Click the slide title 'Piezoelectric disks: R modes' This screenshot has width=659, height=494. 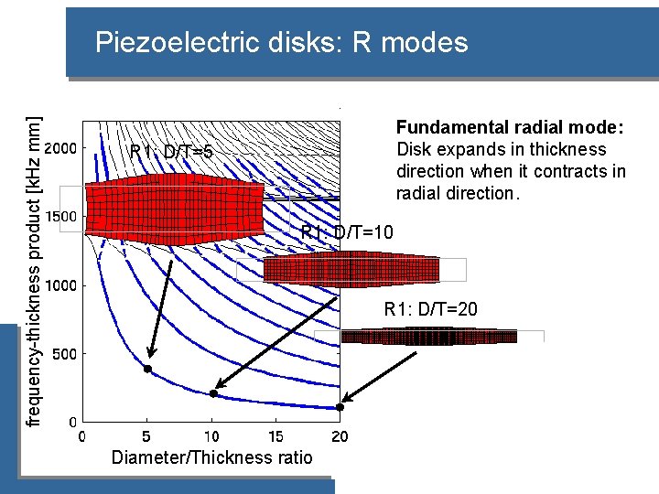coord(281,42)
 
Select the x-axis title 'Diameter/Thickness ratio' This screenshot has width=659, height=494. coord(211,458)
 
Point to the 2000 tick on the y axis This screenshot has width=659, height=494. coord(62,147)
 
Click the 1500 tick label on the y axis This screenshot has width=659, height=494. coord(62,216)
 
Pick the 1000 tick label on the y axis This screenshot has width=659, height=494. coord(62,285)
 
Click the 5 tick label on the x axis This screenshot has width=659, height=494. coord(146,437)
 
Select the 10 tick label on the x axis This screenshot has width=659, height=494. coord(211,437)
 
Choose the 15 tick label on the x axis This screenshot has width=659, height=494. coord(275,437)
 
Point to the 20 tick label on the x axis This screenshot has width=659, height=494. coord(340,437)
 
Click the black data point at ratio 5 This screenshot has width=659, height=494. coord(147,369)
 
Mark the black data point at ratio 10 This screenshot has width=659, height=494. coord(213,393)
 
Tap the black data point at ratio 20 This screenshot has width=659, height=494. coord(340,406)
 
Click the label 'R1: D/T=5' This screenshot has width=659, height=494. coord(171,152)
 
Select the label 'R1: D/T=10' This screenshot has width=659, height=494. coord(348,233)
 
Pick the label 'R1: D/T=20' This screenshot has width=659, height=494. coord(430,309)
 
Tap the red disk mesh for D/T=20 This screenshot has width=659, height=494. coord(428,337)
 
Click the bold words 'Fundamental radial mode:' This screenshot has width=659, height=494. coord(510,127)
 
